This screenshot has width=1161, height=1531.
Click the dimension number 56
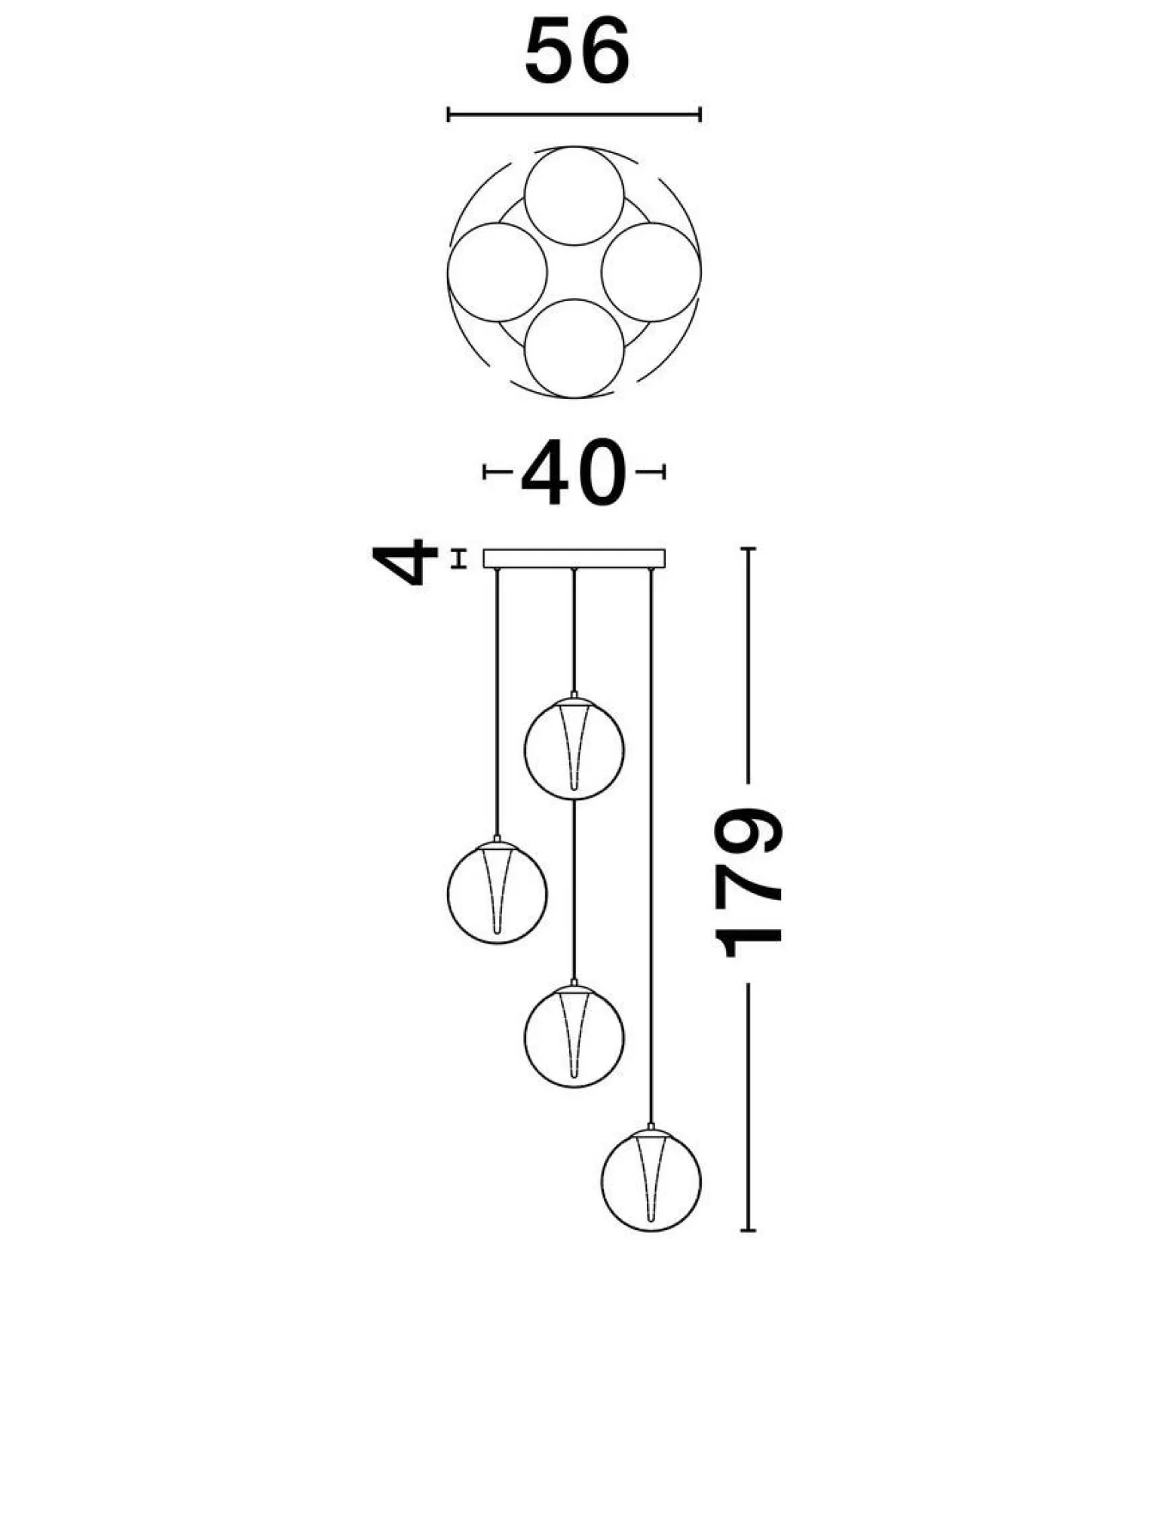point(577,52)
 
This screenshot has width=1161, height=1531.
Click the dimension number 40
point(574,473)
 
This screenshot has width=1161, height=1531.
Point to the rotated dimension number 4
point(406,561)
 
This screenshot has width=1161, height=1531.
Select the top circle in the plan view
point(574,195)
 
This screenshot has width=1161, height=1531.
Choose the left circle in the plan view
point(498,272)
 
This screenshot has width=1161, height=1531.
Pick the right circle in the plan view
point(651,272)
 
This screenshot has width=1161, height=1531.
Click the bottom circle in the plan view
point(574,348)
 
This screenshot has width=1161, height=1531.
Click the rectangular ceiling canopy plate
point(574,558)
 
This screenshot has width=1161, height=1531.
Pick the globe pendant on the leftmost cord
point(498,892)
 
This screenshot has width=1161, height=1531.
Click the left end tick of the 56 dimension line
point(448,115)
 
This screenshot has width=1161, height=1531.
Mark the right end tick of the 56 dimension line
point(700,115)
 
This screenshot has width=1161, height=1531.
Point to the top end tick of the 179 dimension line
point(748,548)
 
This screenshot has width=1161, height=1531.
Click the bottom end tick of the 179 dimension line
point(748,1231)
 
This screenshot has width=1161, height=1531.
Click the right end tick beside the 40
point(663,473)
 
